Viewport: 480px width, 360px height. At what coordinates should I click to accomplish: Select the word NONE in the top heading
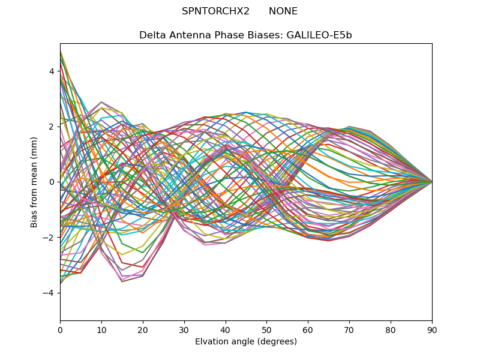coord(283,11)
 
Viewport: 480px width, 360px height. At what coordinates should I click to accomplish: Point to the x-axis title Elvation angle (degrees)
coord(246,342)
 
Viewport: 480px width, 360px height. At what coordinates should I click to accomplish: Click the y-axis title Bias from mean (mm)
coord(34,182)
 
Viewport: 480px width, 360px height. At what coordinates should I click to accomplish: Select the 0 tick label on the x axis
coord(60,329)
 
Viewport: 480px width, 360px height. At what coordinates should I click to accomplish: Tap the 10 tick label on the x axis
coord(101,329)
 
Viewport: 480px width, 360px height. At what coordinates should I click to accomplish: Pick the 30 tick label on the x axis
coord(184,329)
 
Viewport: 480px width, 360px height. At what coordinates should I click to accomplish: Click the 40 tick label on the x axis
coord(226,329)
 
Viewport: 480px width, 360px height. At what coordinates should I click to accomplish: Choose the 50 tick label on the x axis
coord(266,329)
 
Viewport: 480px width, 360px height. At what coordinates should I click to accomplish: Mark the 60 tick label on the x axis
coord(308,329)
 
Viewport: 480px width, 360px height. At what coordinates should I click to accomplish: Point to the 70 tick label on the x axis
coord(349,329)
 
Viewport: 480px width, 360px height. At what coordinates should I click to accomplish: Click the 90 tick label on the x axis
coord(432,329)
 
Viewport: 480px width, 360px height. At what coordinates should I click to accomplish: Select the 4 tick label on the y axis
coord(52,71)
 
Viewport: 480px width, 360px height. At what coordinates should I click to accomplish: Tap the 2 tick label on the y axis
coord(52,127)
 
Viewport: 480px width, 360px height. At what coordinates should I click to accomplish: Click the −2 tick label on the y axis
coord(49,238)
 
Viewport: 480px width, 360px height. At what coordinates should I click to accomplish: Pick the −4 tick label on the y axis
coord(49,293)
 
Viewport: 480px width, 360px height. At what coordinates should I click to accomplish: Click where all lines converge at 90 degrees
coord(431,182)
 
